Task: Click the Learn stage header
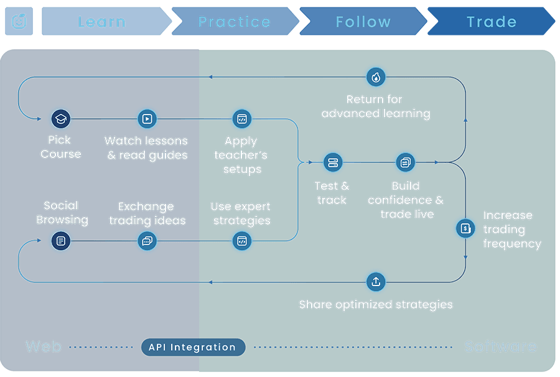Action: tap(102, 22)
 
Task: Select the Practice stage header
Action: tap(234, 22)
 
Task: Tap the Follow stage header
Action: tap(363, 22)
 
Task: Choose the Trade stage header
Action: tap(492, 22)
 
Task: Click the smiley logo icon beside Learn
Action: tap(19, 22)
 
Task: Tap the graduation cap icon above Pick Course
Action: tap(60, 118)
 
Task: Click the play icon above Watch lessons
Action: tap(147, 118)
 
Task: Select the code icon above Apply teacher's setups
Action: tap(241, 119)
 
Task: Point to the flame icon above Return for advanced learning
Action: tap(375, 77)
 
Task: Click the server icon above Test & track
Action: tap(332, 163)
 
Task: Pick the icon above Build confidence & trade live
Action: tap(405, 163)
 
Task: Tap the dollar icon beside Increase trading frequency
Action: tap(465, 228)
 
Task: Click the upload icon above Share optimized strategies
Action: tap(375, 281)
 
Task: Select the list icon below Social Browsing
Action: tap(60, 240)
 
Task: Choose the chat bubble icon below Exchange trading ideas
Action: tap(147, 240)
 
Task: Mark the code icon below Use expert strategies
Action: tap(241, 240)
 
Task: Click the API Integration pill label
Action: tap(192, 347)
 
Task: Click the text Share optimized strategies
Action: tap(375, 305)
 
